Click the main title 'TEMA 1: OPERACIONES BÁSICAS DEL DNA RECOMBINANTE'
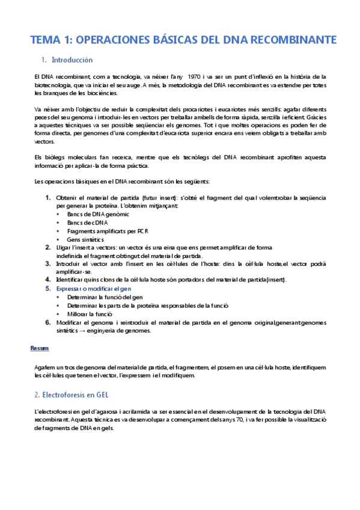click(183, 40)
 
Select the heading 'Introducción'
click(72, 60)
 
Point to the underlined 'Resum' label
click(40, 348)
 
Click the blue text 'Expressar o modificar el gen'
click(99, 289)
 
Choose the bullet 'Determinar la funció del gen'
click(105, 297)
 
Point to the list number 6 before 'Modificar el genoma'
click(48, 322)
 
